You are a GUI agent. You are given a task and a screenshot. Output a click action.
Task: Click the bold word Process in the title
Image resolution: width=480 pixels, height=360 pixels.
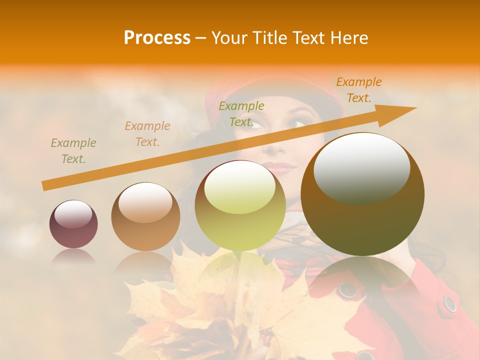pos(157,37)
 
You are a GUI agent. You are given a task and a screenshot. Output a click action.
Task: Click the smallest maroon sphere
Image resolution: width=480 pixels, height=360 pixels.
pos(73,224)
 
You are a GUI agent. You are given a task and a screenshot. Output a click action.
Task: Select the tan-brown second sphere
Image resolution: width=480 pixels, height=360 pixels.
pos(145,217)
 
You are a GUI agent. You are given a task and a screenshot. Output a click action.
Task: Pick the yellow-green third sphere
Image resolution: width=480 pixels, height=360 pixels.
pos(240,205)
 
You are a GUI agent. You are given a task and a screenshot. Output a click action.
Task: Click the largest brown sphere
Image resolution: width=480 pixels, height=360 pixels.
pos(362,194)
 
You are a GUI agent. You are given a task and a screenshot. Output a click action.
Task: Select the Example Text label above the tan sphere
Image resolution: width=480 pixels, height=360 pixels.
pos(147,134)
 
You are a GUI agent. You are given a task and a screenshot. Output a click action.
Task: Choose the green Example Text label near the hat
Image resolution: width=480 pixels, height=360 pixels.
pos(241,113)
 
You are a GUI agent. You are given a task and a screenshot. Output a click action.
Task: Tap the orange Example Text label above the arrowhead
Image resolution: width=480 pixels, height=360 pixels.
pos(359,90)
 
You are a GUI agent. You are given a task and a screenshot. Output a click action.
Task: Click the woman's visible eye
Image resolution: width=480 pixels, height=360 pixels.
pos(297,124)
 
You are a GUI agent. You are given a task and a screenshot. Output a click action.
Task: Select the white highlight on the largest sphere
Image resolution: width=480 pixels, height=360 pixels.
pos(362,167)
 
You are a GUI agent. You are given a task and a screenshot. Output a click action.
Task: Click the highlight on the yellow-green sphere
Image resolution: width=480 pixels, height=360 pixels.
pos(240,187)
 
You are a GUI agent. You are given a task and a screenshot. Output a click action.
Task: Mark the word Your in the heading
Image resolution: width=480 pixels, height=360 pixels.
pos(228,37)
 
